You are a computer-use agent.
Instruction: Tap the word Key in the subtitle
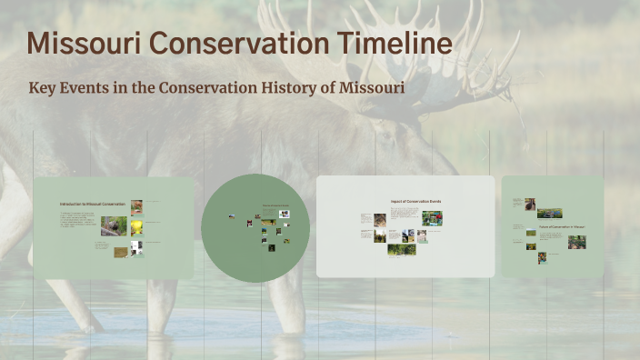coord(44,88)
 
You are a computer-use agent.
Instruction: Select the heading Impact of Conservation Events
coord(415,201)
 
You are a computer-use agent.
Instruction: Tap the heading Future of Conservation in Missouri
coord(561,226)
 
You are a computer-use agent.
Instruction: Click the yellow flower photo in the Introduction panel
coord(136,226)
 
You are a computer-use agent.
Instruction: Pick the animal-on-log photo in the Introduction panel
coord(114,225)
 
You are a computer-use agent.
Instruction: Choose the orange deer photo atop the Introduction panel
coord(136,206)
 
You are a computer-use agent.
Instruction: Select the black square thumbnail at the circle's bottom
coord(271,246)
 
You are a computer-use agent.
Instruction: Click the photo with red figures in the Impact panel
coord(434,218)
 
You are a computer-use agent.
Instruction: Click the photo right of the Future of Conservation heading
coord(576,242)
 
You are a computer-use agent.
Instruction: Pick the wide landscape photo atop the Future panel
coord(549,214)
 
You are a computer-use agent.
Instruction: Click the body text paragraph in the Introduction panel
coord(78,219)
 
